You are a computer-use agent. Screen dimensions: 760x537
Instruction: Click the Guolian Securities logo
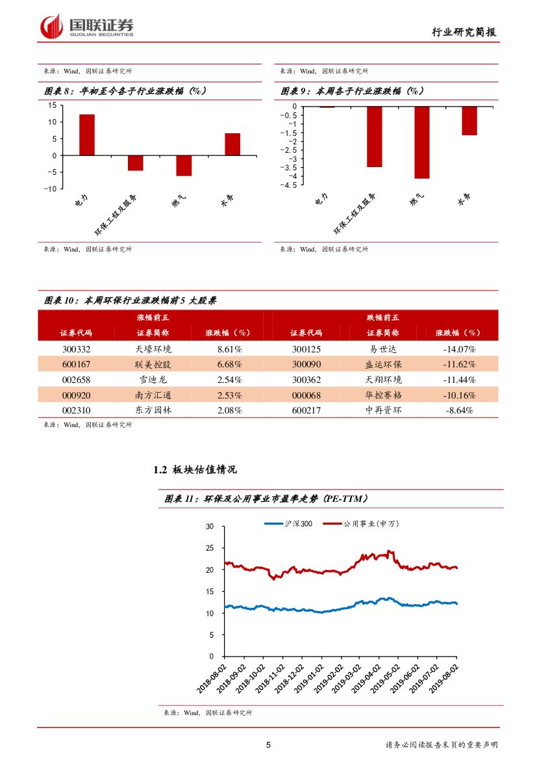[x=87, y=27]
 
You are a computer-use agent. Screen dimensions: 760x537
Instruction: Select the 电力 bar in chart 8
[x=87, y=135]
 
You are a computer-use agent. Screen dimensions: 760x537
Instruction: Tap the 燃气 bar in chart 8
[x=184, y=166]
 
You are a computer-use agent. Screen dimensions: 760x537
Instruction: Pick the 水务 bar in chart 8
[x=232, y=144]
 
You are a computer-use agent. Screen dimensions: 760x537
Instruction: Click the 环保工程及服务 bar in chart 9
[x=375, y=137]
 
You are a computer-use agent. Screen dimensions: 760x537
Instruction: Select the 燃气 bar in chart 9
[x=422, y=142]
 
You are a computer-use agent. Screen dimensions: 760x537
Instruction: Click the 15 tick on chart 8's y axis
[x=53, y=105]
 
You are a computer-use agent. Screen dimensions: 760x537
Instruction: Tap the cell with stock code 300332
[x=76, y=348]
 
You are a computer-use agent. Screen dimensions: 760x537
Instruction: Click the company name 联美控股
[x=153, y=364]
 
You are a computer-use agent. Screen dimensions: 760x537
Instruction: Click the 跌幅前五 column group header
[x=384, y=317]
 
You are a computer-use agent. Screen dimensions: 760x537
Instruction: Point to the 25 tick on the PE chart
[x=210, y=548]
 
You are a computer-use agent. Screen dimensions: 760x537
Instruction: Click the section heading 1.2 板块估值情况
[x=194, y=469]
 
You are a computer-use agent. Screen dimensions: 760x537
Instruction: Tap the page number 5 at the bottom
[x=268, y=745]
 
